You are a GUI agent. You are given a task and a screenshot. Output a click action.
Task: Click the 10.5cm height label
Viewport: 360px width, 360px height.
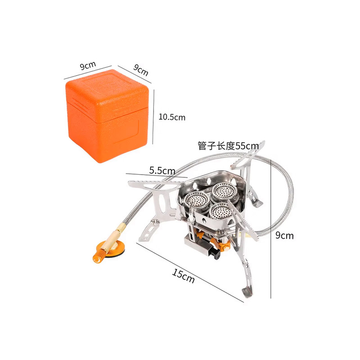coord(172,117)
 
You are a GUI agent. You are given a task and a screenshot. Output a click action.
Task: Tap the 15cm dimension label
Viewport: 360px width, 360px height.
coord(183,276)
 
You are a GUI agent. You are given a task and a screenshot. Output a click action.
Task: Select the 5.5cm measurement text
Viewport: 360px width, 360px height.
coord(162,171)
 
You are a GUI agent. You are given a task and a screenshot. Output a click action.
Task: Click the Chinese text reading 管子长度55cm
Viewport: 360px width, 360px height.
coord(228,146)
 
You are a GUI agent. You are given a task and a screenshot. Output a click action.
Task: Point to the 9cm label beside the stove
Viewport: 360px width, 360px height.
coord(284,235)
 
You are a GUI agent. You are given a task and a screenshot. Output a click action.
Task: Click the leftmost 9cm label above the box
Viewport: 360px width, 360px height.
coord(88,65)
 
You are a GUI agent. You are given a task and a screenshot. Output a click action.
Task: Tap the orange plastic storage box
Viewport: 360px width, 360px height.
coord(107,116)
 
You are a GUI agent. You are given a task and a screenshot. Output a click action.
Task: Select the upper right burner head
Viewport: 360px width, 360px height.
coord(224,191)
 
